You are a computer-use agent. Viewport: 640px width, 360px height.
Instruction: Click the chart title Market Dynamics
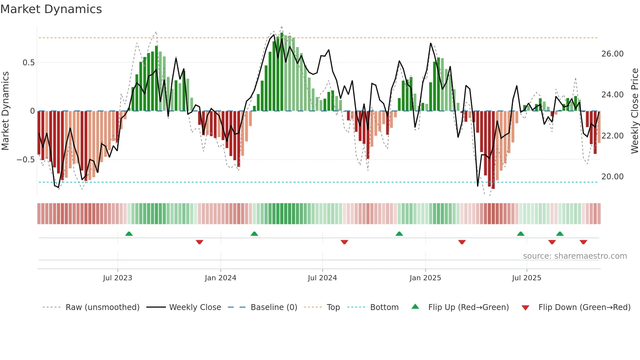51,9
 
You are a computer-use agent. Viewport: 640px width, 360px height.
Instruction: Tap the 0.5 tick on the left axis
28,62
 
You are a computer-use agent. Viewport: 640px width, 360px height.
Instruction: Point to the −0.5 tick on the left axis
26,160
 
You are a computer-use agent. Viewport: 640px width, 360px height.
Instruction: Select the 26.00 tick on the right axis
612,54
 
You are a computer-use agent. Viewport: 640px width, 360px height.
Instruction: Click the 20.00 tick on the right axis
612,177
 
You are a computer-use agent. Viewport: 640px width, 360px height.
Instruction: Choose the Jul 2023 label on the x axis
118,278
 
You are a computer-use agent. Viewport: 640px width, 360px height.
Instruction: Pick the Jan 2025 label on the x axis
425,278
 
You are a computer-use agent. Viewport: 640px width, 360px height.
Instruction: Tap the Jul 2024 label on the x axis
322,278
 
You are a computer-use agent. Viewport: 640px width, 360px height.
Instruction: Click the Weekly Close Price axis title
634,111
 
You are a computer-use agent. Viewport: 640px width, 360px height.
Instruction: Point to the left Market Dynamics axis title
5,111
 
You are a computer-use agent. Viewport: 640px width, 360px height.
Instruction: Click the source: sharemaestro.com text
575,256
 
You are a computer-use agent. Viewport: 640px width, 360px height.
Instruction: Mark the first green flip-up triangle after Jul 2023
129,234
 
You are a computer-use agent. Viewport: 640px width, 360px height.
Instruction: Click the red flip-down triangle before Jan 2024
200,242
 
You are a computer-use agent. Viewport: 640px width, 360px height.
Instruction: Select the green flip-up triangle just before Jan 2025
399,234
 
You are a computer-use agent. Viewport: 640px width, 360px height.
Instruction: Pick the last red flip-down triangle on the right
584,242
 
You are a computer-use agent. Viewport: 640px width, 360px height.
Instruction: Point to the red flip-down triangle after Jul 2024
344,242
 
